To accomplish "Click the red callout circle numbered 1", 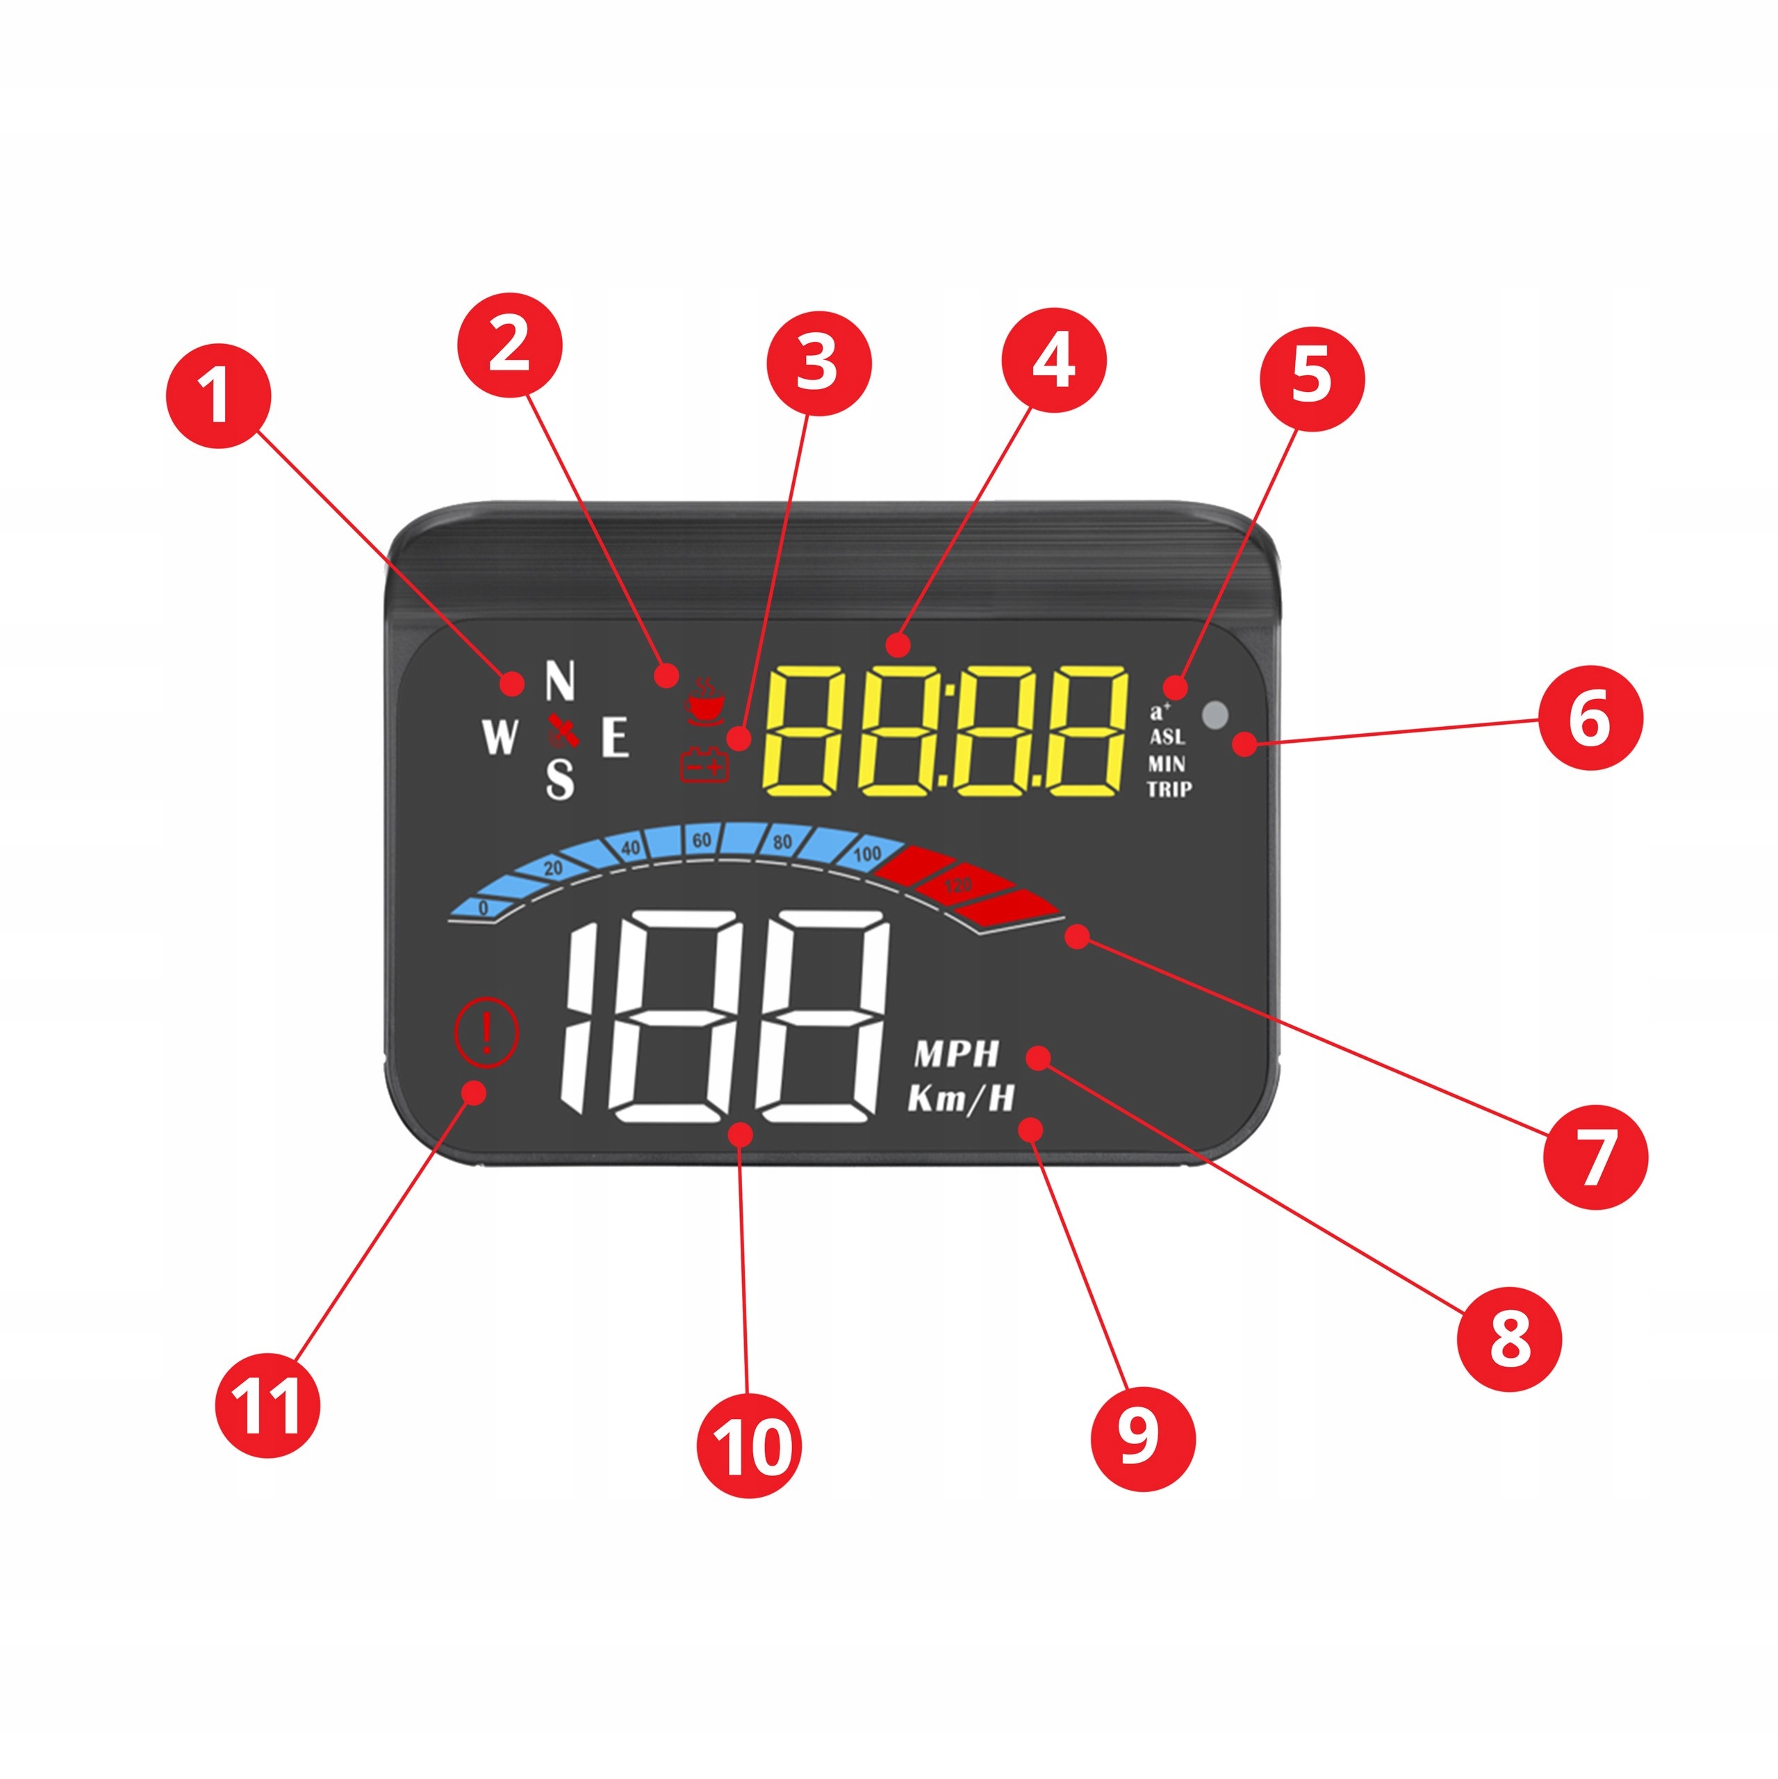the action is (x=218, y=396).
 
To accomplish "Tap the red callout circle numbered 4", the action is (x=1053, y=360).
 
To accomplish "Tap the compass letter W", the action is (x=500, y=737).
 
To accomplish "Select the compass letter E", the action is (x=615, y=737).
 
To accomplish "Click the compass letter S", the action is (x=560, y=779).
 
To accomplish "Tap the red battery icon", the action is (x=703, y=764).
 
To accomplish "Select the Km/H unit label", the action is (x=962, y=1099).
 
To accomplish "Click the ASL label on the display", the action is (x=1167, y=737).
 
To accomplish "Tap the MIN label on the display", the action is (x=1167, y=763).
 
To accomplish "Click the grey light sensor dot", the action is (x=1215, y=714).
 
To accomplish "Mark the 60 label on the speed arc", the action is (x=702, y=839).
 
